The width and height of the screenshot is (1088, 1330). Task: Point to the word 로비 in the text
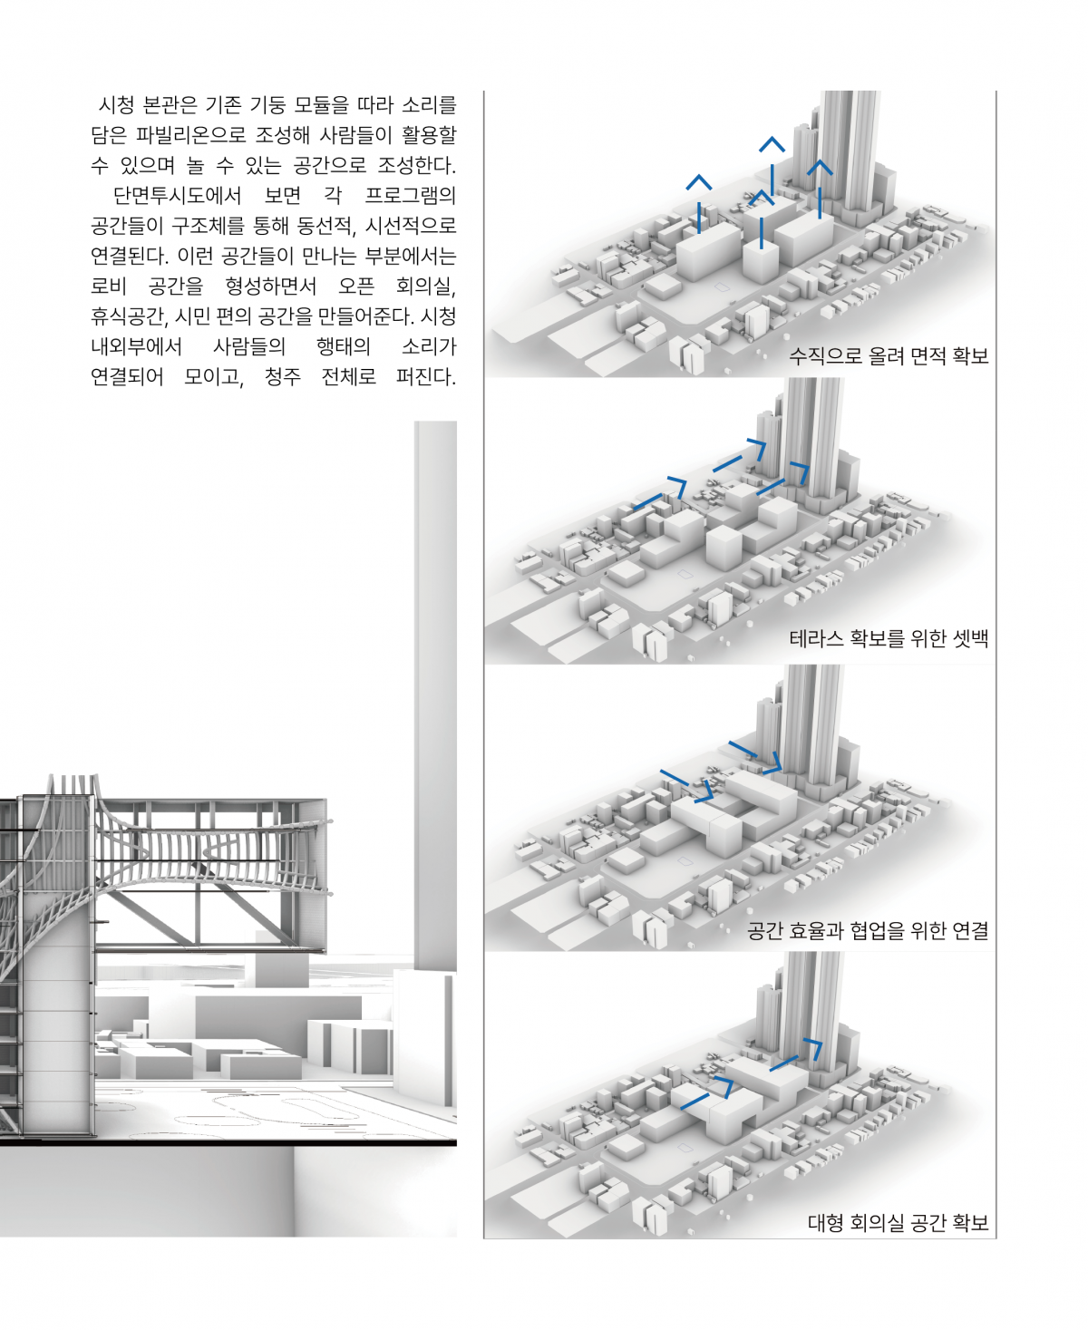click(109, 286)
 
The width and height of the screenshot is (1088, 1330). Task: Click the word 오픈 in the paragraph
click(355, 286)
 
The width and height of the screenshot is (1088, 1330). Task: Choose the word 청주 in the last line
click(283, 376)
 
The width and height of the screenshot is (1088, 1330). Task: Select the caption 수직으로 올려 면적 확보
click(888, 355)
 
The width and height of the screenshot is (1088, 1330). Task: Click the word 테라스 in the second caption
click(816, 638)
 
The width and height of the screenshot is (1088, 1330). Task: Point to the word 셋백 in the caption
click(971, 638)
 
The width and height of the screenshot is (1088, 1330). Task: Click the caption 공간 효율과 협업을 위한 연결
click(867, 930)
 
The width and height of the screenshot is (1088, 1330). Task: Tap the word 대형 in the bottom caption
click(825, 1223)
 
